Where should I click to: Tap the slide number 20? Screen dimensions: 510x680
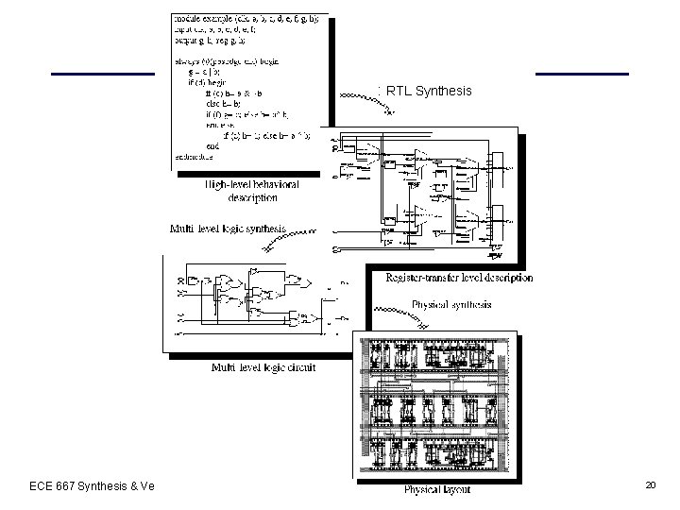pos(650,484)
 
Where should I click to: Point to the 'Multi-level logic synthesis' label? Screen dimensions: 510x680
pos(228,229)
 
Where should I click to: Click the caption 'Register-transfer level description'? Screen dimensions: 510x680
pos(459,279)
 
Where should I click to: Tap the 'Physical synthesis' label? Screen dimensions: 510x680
pos(450,304)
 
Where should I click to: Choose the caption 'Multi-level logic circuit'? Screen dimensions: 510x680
pos(263,366)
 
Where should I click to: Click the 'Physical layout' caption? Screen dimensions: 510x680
pos(436,489)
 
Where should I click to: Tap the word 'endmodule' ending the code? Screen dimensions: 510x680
pos(194,156)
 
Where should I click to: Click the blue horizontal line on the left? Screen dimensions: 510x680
pos(102,74)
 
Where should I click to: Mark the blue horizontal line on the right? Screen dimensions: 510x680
pos(581,74)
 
